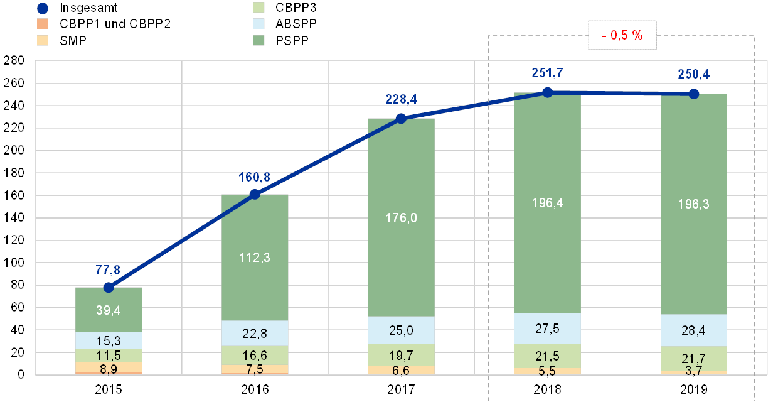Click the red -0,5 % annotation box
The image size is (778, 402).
point(622,36)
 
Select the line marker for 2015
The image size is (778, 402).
point(109,287)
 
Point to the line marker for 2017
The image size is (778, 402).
point(401,118)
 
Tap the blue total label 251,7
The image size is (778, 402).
point(547,73)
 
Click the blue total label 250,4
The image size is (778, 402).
point(693,74)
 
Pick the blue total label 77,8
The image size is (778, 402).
point(109,271)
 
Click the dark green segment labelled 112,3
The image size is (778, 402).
point(255,257)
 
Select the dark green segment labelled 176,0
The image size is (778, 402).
point(401,218)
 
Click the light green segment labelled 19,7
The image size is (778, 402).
point(401,355)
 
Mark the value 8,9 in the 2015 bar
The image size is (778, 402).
point(109,368)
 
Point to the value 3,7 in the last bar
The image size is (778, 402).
point(693,371)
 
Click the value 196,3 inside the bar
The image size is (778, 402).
point(693,204)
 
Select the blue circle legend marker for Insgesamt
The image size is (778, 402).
point(43,9)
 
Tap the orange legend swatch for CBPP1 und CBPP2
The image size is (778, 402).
point(43,24)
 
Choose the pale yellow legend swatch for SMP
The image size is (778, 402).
point(43,41)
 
